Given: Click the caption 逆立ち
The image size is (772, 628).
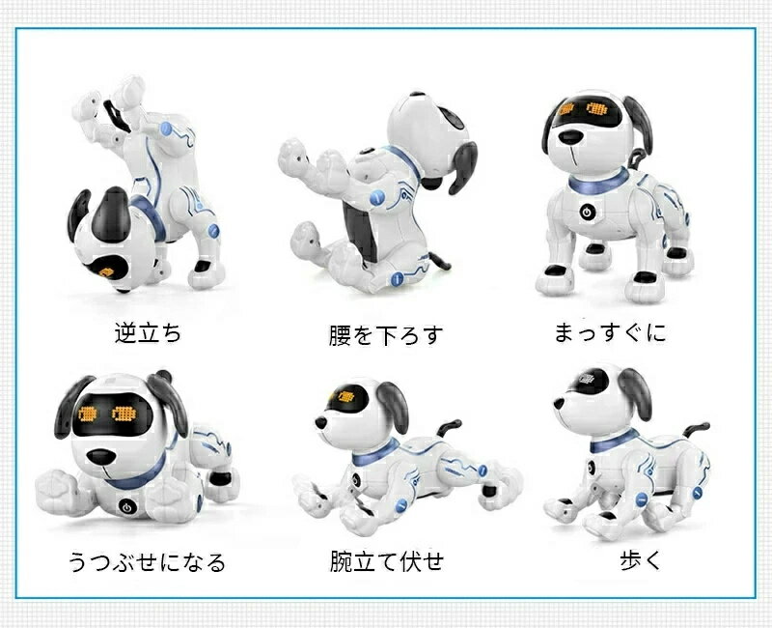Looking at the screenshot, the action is pos(148,332).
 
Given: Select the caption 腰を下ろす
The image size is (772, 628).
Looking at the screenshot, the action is pos(386,335).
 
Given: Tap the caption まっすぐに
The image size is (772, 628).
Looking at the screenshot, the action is pos(610,332).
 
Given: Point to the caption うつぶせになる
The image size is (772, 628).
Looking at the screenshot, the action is pos(147,562).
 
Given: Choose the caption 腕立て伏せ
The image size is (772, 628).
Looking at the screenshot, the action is pos(387,561).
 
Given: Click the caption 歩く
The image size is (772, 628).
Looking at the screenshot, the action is pos(641,560).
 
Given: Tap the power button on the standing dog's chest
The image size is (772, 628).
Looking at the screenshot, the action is pos(587,213).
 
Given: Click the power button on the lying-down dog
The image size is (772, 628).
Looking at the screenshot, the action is pos(127,506).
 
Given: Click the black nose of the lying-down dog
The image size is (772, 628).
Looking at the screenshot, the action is pos(101,457).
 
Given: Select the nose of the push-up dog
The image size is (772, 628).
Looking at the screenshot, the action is pos(320,423).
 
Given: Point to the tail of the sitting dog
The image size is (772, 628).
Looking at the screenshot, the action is pos(439,261).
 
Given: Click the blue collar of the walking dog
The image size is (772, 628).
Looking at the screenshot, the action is pos(614,442).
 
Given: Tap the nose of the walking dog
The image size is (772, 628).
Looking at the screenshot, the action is pos(559,404).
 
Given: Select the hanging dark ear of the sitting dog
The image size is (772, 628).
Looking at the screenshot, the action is pos(462,166).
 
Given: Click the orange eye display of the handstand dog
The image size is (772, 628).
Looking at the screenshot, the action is pos(106,271).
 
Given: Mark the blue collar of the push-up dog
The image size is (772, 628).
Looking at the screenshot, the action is pos(376,451).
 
